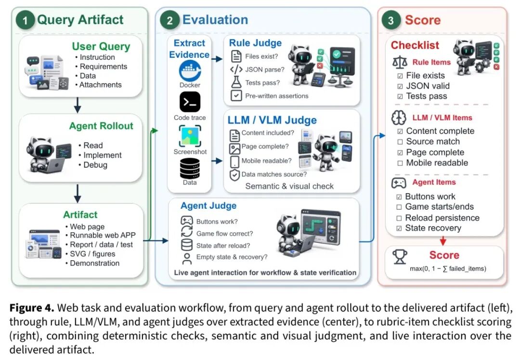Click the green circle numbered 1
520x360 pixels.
[x=25, y=20]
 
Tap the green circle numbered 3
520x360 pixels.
[x=390, y=20]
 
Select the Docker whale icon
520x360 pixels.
[x=190, y=71]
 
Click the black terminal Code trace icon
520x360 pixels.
[x=190, y=102]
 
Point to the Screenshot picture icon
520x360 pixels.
[x=190, y=136]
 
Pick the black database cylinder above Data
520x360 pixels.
[x=190, y=169]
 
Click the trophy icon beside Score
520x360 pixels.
[x=400, y=257]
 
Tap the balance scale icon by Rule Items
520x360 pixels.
[x=400, y=62]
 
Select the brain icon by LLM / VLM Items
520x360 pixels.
[x=399, y=118]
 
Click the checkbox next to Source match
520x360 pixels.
[x=400, y=142]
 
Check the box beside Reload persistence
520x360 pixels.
[x=399, y=218]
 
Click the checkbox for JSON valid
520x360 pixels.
[x=400, y=86]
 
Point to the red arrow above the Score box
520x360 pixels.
[x=443, y=240]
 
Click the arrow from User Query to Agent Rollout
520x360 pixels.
[x=77, y=105]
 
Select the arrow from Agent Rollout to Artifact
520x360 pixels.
[x=77, y=194]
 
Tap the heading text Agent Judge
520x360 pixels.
[x=208, y=206]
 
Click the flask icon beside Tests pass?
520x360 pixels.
[x=236, y=82]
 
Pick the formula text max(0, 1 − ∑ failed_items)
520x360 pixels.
[x=448, y=268]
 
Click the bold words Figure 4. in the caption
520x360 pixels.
[x=31, y=308]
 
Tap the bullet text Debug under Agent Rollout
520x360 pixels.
[x=95, y=165]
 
